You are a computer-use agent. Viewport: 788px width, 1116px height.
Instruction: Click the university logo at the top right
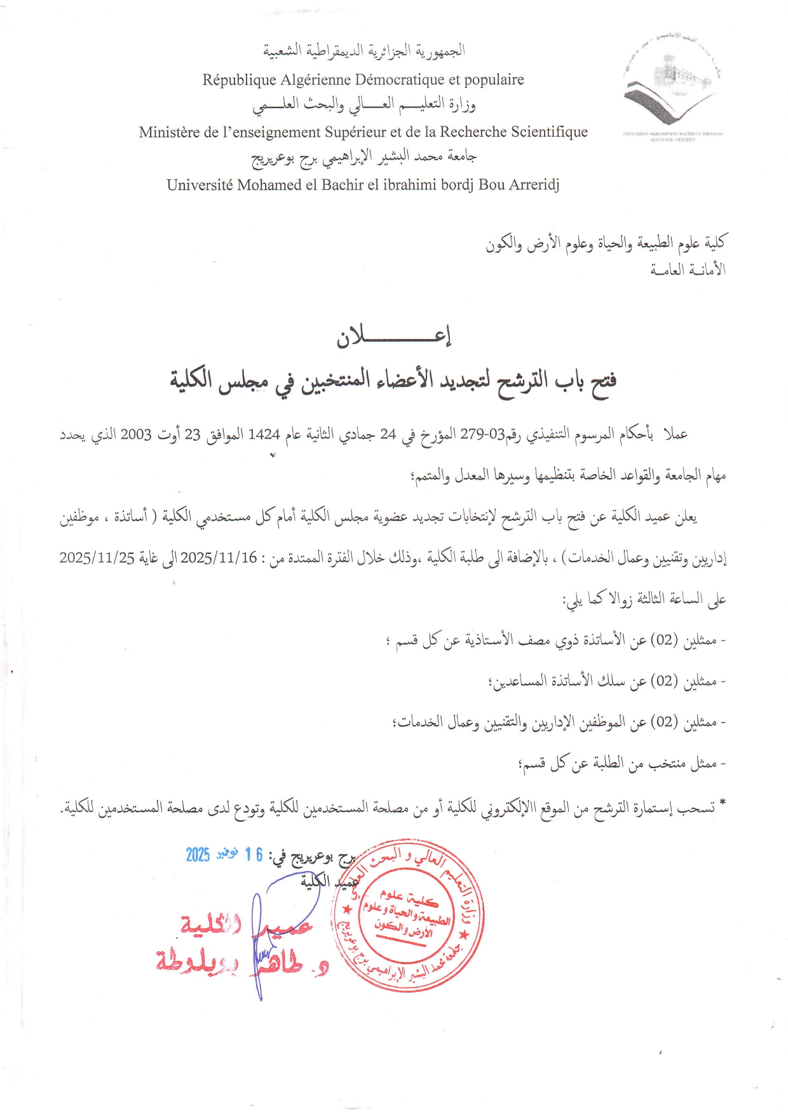click(x=672, y=87)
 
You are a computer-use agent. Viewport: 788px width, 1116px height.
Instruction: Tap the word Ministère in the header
click(x=168, y=132)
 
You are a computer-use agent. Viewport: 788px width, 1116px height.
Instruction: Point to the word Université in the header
click(x=200, y=185)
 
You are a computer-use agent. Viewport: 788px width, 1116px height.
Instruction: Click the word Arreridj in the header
click(x=532, y=186)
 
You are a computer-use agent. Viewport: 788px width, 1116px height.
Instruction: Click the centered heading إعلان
click(x=393, y=337)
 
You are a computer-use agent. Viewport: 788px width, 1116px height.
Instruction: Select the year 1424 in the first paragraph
click(x=264, y=434)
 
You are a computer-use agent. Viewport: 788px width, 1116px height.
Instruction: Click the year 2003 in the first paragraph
click(x=136, y=434)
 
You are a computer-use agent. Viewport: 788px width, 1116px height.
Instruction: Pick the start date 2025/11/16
click(x=219, y=558)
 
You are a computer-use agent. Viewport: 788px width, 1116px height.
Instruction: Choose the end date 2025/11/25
click(x=97, y=558)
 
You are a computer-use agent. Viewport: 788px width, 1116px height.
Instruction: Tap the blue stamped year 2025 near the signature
click(x=198, y=855)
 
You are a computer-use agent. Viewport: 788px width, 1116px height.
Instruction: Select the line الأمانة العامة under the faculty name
click(x=688, y=270)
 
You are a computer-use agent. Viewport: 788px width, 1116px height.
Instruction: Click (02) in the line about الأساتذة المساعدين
click(x=665, y=681)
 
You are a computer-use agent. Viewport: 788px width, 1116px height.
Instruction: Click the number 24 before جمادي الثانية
click(x=388, y=434)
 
